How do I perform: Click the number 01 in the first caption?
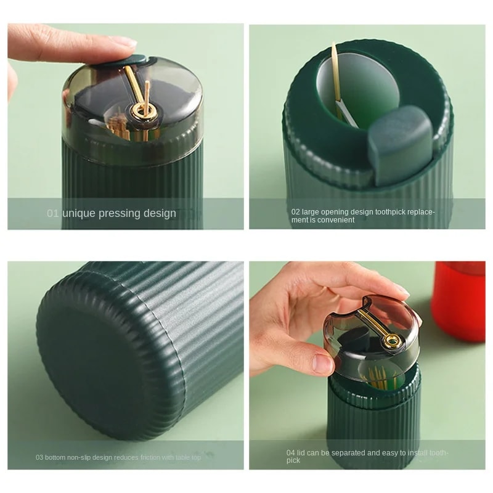click(x=53, y=213)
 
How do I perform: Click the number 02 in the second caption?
click(x=296, y=211)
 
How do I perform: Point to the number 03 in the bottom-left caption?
click(x=40, y=457)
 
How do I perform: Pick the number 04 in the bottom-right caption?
click(x=291, y=452)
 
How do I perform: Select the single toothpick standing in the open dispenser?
click(x=335, y=74)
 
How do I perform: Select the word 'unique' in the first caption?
click(x=78, y=213)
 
